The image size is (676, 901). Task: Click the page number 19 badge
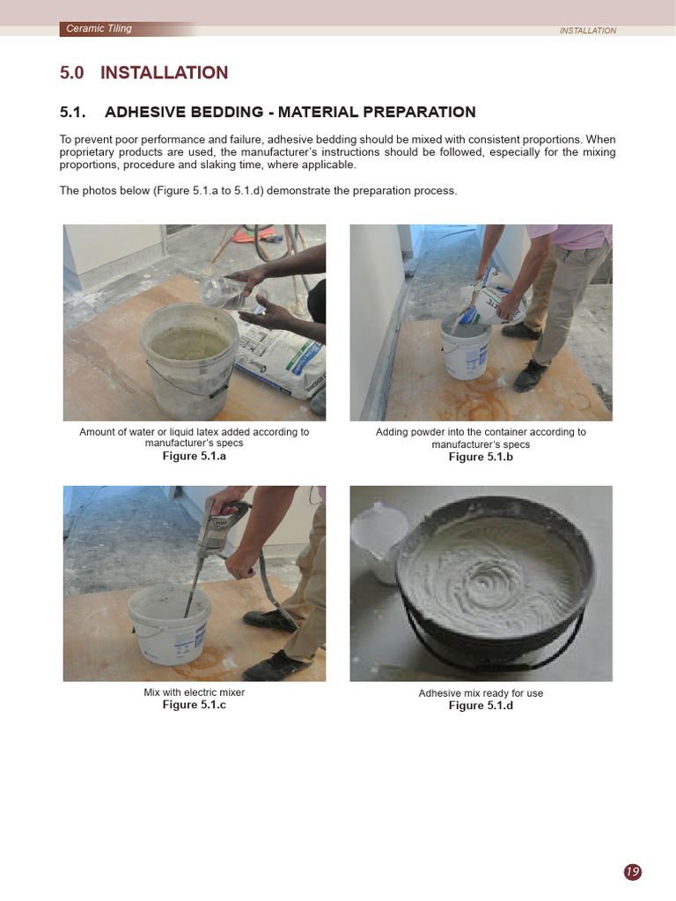632,872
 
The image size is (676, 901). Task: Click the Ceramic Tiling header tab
99,29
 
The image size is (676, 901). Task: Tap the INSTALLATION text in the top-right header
588,31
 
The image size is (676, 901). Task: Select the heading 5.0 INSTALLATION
143,73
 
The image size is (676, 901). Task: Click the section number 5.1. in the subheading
74,112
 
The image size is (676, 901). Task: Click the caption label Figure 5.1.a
195,457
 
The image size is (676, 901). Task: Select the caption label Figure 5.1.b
481,457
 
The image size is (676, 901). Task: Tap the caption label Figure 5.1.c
195,705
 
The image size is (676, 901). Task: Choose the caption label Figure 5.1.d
481,706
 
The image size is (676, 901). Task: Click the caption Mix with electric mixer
195,692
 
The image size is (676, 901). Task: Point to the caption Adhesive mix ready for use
481,693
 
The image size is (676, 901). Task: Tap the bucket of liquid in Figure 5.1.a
189,356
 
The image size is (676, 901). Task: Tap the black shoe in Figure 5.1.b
530,376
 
